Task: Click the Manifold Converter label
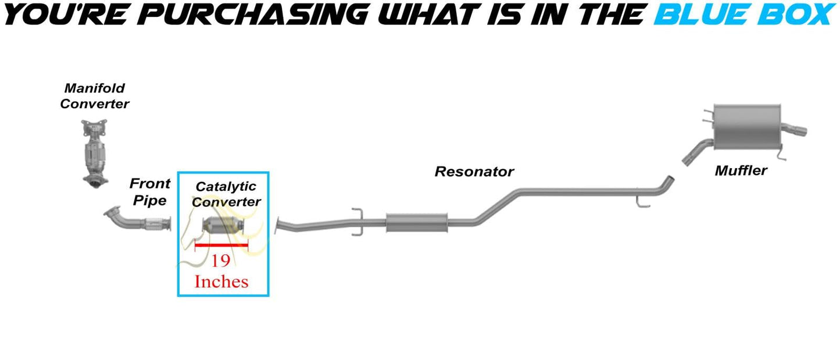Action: pyautogui.click(x=95, y=96)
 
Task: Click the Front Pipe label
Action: pyautogui.click(x=150, y=192)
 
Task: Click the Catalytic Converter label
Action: pyautogui.click(x=226, y=194)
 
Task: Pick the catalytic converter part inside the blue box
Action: pyautogui.click(x=223, y=226)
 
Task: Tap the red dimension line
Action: pyautogui.click(x=221, y=245)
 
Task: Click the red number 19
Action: pyautogui.click(x=220, y=261)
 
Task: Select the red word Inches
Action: pyautogui.click(x=221, y=281)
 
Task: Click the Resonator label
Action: pyautogui.click(x=474, y=172)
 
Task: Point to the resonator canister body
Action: pyautogui.click(x=416, y=222)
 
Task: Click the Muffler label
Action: pyautogui.click(x=741, y=170)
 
